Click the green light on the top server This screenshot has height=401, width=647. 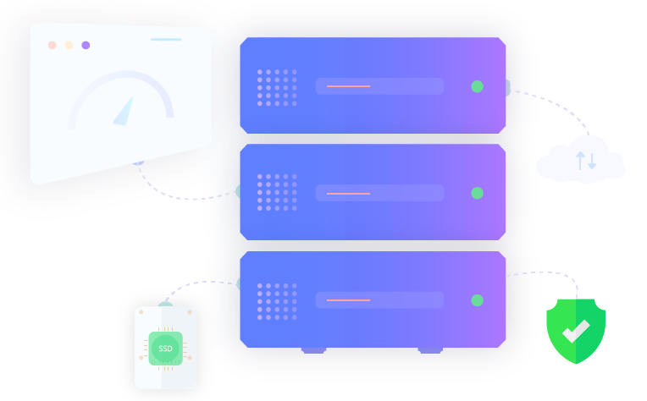tap(477, 86)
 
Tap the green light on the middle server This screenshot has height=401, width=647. tap(477, 193)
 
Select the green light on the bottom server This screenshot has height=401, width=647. tap(477, 299)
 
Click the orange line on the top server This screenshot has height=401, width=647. tap(348, 86)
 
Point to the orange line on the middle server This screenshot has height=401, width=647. tap(348, 194)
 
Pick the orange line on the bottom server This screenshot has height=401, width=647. tap(348, 300)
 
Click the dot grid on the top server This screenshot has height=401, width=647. tap(277, 86)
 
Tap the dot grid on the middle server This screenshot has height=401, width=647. tap(277, 193)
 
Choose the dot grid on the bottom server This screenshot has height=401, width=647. tap(277, 299)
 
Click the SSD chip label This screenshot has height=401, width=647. tap(165, 349)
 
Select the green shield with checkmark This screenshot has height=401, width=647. tap(576, 330)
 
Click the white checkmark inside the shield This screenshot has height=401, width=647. tap(576, 331)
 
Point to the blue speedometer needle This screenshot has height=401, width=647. tap(125, 111)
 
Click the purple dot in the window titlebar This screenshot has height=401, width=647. tap(86, 45)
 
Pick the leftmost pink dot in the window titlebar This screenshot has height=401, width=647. tap(53, 45)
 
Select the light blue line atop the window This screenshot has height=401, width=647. tap(166, 40)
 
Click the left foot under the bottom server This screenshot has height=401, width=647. tap(313, 350)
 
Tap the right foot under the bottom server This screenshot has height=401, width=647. tap(429, 350)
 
